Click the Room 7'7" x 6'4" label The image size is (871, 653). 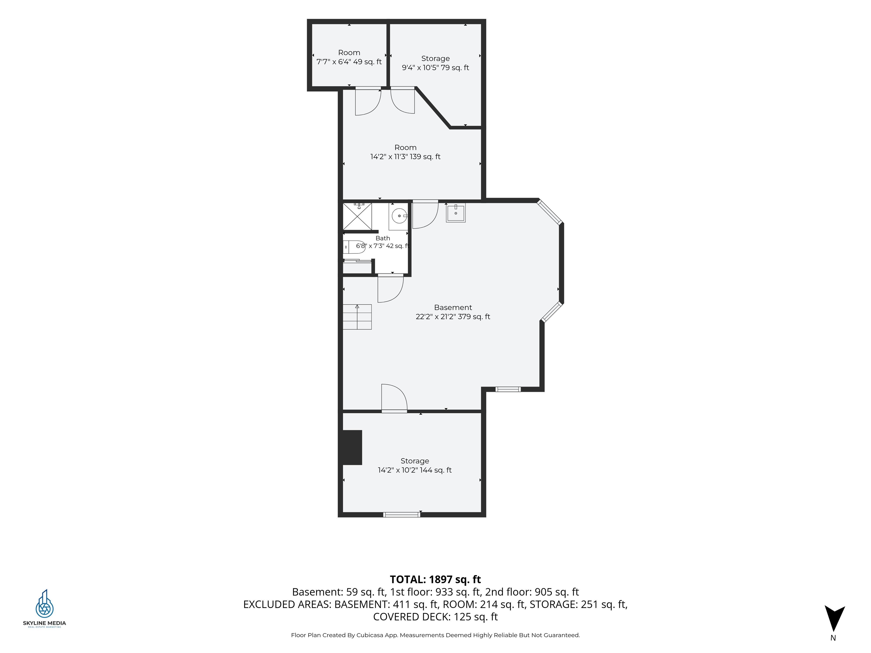pos(349,57)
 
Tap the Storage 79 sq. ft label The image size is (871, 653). pos(435,63)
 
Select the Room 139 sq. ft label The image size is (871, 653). pos(405,152)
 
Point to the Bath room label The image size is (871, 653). pos(383,242)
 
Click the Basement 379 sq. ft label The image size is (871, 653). pos(453,312)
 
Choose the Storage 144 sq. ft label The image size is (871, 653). pos(415,465)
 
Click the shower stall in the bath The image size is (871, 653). pos(358,216)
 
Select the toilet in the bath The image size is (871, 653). pos(354,247)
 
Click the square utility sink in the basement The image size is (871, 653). pos(456,213)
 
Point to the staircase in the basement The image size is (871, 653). pos(357,317)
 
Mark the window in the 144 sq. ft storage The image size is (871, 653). pos(402,514)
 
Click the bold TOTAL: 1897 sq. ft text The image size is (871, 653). pos(435,579)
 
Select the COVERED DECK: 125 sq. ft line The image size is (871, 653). pos(435,616)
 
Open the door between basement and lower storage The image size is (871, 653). pos(394,398)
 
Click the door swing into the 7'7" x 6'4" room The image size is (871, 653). pos(368,101)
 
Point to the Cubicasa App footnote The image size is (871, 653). pos(435,635)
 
